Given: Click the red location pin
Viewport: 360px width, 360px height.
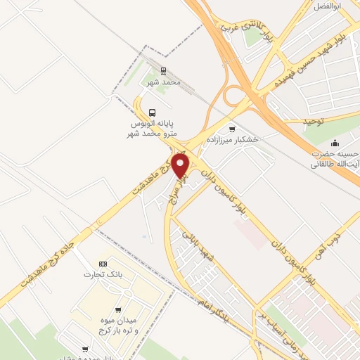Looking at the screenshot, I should coord(181,166).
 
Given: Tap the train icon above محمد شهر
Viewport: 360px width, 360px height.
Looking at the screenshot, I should coord(163,71).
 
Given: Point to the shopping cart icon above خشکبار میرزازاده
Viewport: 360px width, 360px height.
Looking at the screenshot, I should coord(231,128).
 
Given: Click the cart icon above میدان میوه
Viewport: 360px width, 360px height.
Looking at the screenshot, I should coord(118,310).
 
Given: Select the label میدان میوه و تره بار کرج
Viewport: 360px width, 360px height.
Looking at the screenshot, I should coord(118,326).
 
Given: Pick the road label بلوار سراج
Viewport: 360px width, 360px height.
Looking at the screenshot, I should coord(180,189).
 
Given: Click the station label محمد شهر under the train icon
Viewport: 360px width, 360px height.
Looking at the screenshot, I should coord(164,82).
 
